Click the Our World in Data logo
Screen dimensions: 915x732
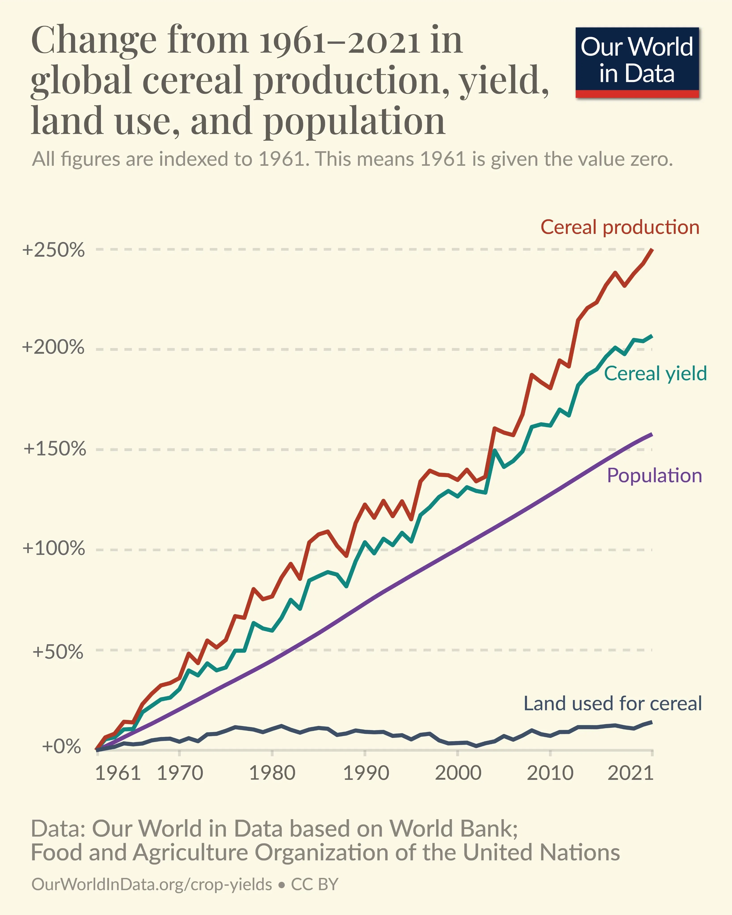pyautogui.click(x=637, y=62)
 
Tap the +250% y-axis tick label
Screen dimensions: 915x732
pyautogui.click(x=53, y=250)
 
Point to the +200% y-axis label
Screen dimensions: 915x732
pyautogui.click(x=53, y=347)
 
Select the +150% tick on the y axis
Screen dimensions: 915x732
pyautogui.click(x=54, y=449)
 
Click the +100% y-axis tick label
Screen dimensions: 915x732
pyautogui.click(x=53, y=548)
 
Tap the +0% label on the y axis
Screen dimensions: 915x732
pyautogui.click(x=62, y=746)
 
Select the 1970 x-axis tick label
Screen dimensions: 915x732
pyautogui.click(x=180, y=773)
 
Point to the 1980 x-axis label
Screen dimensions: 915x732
pyautogui.click(x=272, y=773)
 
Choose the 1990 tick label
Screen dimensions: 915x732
pyautogui.click(x=366, y=773)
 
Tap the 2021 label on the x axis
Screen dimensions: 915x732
pyautogui.click(x=630, y=773)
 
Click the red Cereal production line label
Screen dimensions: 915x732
pyautogui.click(x=619, y=227)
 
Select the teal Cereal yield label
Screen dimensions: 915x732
pyautogui.click(x=655, y=374)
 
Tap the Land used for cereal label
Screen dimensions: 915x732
pyautogui.click(x=612, y=703)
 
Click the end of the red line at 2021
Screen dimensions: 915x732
pyautogui.click(x=652, y=250)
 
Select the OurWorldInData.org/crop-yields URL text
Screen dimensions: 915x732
pyautogui.click(x=151, y=884)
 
